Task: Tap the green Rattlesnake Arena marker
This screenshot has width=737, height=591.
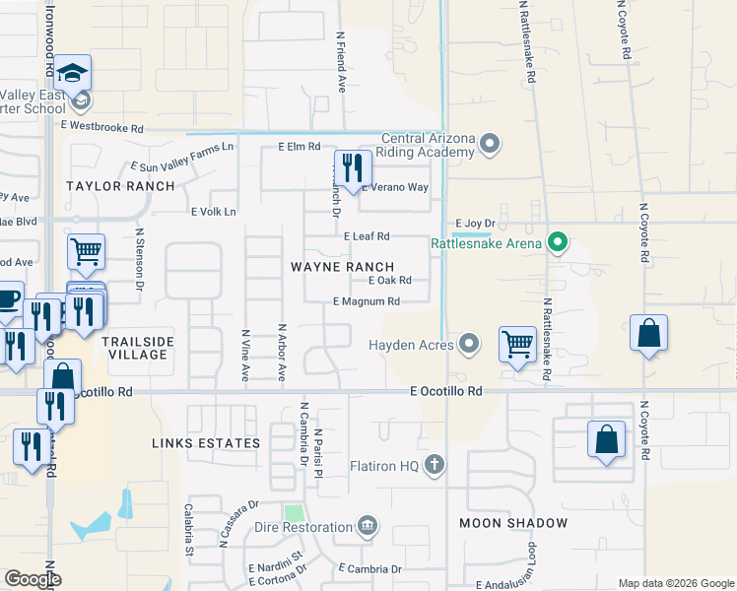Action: tap(558, 242)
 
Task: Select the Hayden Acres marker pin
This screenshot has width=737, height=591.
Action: tap(469, 345)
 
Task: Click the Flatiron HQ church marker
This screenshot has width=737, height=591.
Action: tap(433, 465)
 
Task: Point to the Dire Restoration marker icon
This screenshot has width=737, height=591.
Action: tap(368, 525)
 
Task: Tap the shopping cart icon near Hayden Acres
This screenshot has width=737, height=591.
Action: tap(516, 345)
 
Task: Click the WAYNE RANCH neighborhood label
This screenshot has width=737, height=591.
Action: tap(342, 267)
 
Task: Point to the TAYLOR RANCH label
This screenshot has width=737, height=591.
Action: tap(106, 186)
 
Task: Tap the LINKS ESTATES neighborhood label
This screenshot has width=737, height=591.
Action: tap(206, 443)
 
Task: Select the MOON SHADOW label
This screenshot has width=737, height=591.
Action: tap(513, 523)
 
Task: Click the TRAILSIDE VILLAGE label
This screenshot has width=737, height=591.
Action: tap(134, 348)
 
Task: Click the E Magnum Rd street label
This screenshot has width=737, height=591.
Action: tap(366, 301)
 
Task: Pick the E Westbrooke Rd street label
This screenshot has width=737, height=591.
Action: tap(101, 128)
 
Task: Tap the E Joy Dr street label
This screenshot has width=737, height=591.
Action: tap(473, 223)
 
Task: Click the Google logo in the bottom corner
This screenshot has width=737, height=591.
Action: tap(33, 579)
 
